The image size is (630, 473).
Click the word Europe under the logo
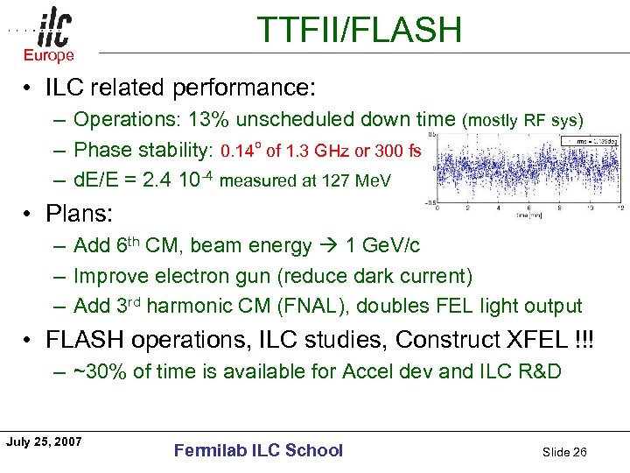(x=49, y=56)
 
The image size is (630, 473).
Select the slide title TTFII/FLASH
(x=359, y=31)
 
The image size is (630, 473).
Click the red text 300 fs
(x=399, y=151)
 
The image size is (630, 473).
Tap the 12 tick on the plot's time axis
(x=619, y=208)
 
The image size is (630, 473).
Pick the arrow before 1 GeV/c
(x=330, y=246)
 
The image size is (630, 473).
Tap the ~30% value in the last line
(x=99, y=371)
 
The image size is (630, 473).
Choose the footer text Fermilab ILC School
(x=258, y=450)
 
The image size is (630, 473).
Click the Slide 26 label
(x=564, y=452)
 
